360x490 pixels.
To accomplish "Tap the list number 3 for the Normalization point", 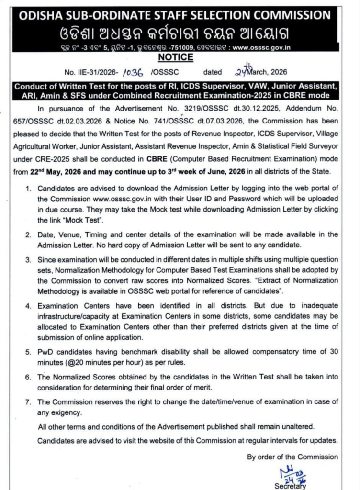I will tap(29, 259).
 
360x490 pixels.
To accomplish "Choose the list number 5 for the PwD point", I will tap(29, 353).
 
